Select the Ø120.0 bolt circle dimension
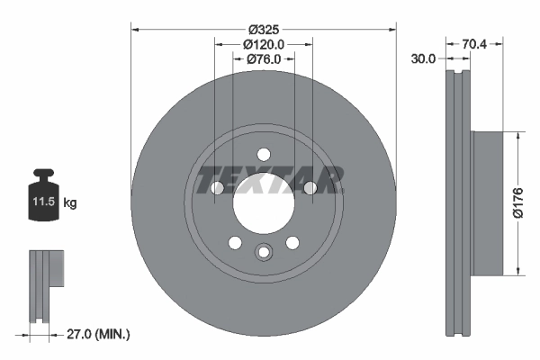click(x=263, y=43)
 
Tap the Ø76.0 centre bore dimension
click(x=263, y=58)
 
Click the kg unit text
click(x=70, y=203)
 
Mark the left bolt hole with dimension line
click(x=217, y=188)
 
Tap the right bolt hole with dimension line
click(x=310, y=188)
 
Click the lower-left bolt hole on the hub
click(x=235, y=243)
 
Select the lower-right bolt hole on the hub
click(x=292, y=243)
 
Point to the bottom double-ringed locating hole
click(x=263, y=253)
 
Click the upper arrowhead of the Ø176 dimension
click(x=517, y=137)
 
